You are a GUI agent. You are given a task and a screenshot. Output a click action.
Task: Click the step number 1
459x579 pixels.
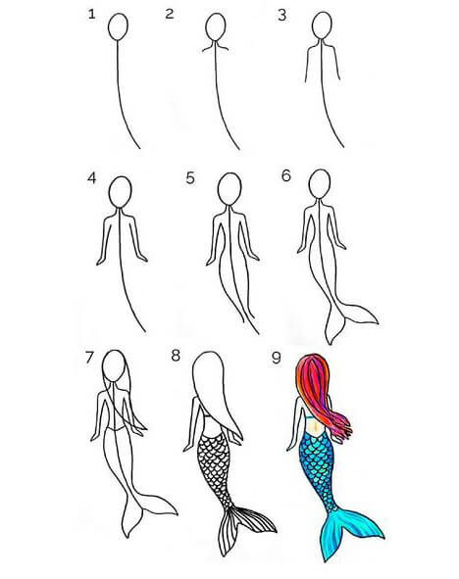click(91, 15)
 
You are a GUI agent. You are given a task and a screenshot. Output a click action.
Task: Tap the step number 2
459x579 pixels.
click(170, 14)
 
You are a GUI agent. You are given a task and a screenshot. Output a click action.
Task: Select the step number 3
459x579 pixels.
click(282, 15)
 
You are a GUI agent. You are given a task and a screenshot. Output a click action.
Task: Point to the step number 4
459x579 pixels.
click(91, 178)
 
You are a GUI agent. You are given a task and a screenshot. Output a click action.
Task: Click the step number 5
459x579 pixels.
click(190, 178)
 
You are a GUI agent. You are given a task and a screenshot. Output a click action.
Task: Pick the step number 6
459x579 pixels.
click(286, 175)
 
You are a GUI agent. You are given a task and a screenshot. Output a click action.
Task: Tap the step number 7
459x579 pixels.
click(89, 358)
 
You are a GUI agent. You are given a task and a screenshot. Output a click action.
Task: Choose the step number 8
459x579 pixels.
click(176, 356)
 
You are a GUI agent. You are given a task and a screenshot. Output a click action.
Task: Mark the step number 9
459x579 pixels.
click(276, 358)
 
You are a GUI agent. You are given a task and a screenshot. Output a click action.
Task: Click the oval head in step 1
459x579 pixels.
click(119, 26)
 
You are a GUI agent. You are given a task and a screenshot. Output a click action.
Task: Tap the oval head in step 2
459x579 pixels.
click(216, 26)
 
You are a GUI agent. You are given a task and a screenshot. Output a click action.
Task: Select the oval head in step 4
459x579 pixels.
click(120, 193)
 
